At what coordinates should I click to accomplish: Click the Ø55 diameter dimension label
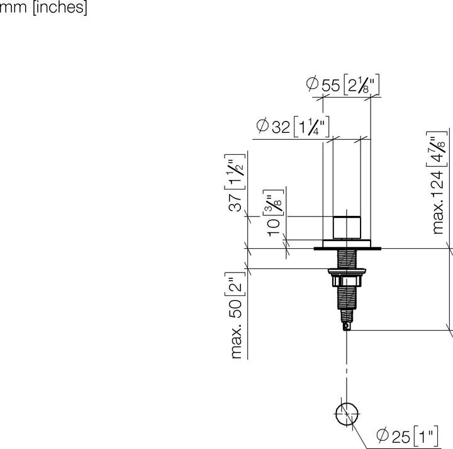343,84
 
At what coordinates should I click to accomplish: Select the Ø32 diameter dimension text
293,127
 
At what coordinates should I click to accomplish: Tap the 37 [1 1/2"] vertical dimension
235,183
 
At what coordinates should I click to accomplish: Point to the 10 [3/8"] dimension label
273,213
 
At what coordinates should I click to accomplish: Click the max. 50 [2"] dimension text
235,315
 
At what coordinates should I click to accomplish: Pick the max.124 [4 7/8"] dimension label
437,183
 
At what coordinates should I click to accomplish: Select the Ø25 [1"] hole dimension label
407,436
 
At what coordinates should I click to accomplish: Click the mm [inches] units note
43,7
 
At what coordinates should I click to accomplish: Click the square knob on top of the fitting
347,228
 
